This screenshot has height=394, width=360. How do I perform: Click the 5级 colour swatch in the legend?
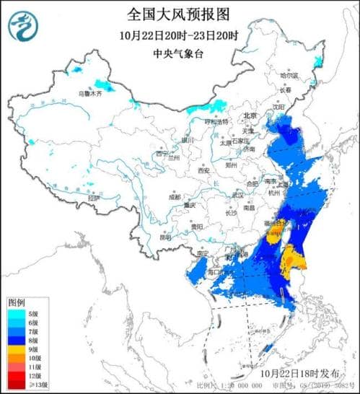15,313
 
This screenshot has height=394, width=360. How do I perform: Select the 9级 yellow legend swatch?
15,348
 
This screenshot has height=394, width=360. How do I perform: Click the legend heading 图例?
17,301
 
